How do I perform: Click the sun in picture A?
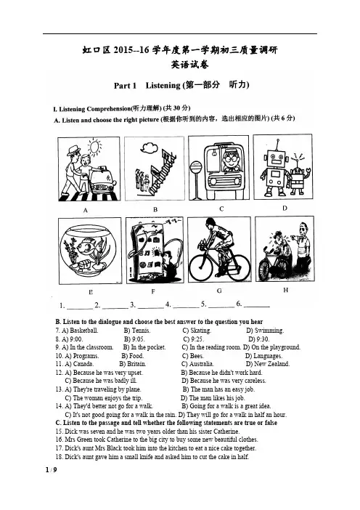(95, 146)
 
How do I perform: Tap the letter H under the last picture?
(285, 289)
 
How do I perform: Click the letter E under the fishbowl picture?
(90, 292)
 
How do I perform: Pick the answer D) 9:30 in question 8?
(258, 339)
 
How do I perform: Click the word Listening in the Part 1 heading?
(163, 85)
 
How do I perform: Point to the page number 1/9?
(52, 469)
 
